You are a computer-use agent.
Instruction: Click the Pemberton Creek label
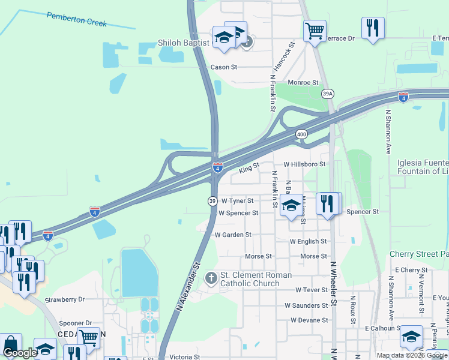tap(77, 19)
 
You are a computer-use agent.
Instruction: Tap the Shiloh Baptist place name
tap(184, 43)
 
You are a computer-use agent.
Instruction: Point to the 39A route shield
tap(327, 94)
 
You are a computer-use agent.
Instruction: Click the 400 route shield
tap(301, 135)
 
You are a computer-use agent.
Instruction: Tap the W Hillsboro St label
tap(304, 164)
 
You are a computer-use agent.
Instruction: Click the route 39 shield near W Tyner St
tap(212, 201)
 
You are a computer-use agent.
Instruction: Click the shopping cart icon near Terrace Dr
tap(315, 30)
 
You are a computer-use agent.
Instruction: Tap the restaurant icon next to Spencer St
tap(328, 203)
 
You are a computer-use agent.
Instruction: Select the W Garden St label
tap(232, 235)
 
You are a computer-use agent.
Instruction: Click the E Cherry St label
tap(411, 270)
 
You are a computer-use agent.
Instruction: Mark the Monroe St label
tap(303, 82)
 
